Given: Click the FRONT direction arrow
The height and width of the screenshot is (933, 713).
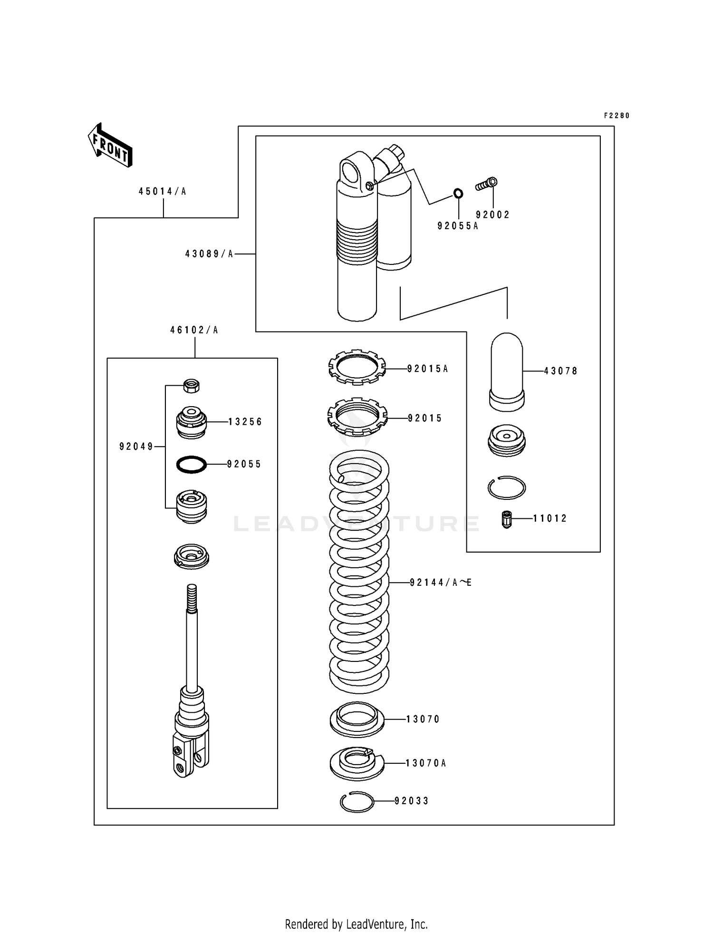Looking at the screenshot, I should tap(110, 145).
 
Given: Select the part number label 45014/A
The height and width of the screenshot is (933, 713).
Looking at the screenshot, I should tap(162, 192).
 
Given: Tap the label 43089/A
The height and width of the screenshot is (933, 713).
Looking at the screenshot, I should tap(209, 254).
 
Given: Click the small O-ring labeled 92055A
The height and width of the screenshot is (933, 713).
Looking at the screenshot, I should tap(458, 194).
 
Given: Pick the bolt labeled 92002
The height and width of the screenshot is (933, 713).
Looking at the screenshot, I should tap(487, 184).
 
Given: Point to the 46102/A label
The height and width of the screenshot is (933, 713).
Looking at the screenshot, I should tap(194, 330).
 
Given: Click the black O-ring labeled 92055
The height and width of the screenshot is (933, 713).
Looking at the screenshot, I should tap(191, 464).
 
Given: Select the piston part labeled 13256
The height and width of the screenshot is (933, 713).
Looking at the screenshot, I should tap(191, 422).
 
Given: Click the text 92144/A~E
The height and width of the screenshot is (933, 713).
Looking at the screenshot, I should tap(440, 583).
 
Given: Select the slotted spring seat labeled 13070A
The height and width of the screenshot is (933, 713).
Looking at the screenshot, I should tap(356, 763).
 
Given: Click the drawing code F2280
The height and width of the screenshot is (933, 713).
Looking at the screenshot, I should tap(617, 116).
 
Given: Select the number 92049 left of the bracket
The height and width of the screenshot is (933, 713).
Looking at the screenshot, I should tap(136, 447).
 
